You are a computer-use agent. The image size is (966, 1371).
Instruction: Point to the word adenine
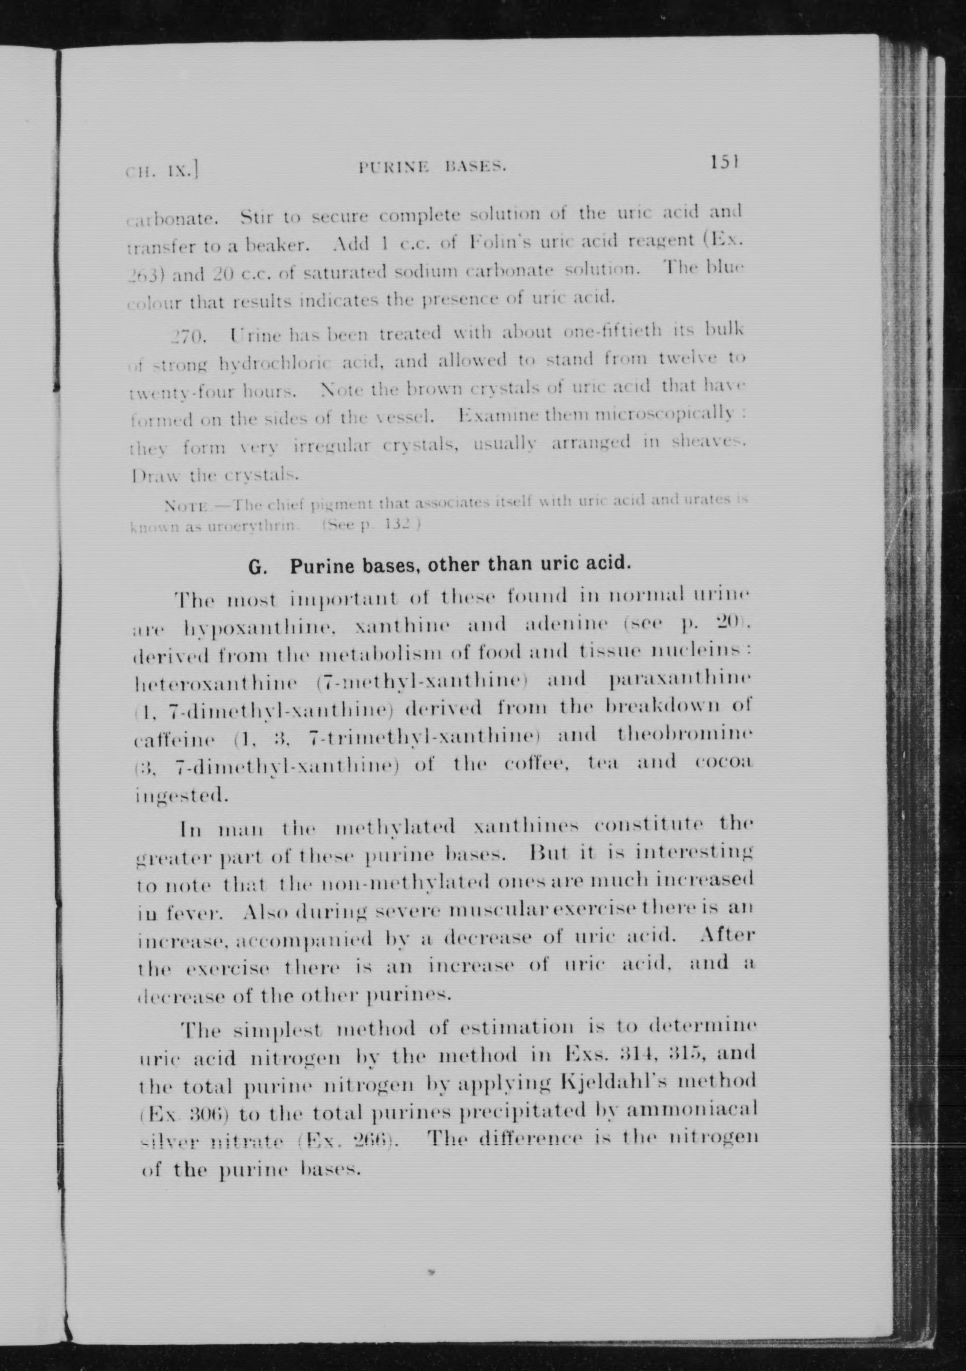[x=565, y=625]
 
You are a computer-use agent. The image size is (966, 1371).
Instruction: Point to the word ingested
[x=179, y=796]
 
